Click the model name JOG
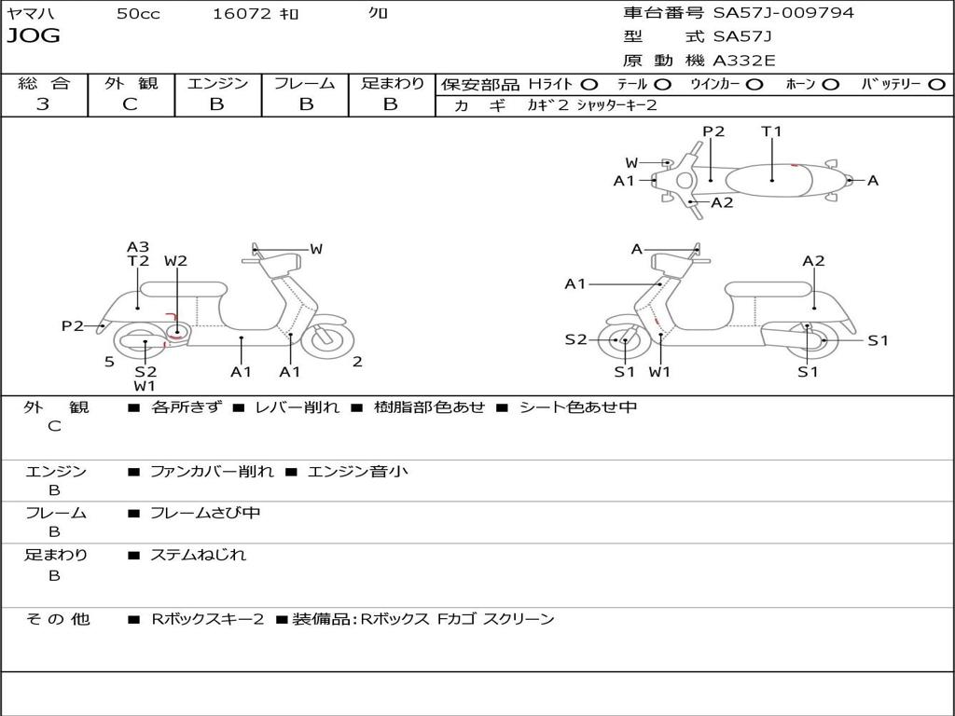point(34,36)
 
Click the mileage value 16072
point(242,14)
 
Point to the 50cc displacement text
point(138,14)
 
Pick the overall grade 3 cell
point(43,104)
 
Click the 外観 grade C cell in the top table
point(131,104)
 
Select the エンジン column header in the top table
point(217,83)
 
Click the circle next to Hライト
point(589,84)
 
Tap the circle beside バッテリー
point(936,84)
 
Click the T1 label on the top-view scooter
point(771,131)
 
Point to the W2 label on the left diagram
point(175,261)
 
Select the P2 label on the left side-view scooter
point(72,325)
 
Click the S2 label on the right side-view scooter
point(575,339)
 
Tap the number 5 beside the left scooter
point(109,362)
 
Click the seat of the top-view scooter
point(769,180)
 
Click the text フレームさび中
point(205,513)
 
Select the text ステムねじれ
point(199,555)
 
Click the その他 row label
point(57,619)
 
